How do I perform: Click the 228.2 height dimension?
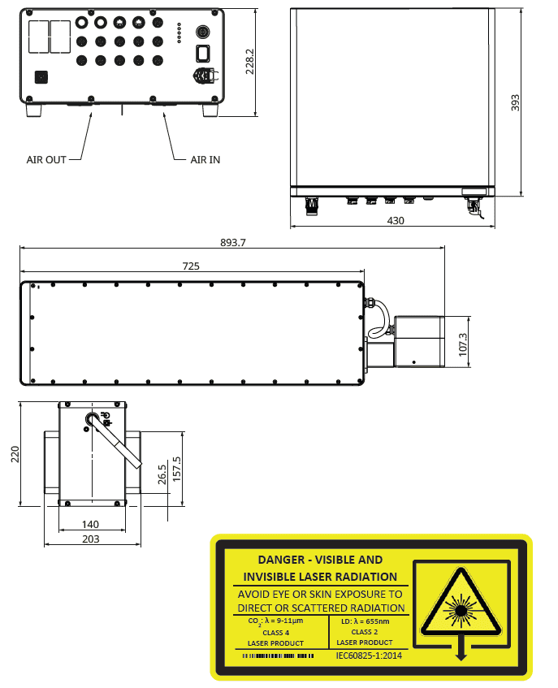point(250,60)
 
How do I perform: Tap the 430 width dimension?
point(396,220)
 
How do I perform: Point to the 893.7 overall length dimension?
point(232,242)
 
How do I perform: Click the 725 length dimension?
point(191,266)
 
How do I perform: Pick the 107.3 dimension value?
point(463,343)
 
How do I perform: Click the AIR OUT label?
point(46,160)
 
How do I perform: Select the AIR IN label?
point(205,160)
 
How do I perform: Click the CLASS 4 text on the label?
point(275,632)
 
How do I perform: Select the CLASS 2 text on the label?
point(365,632)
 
